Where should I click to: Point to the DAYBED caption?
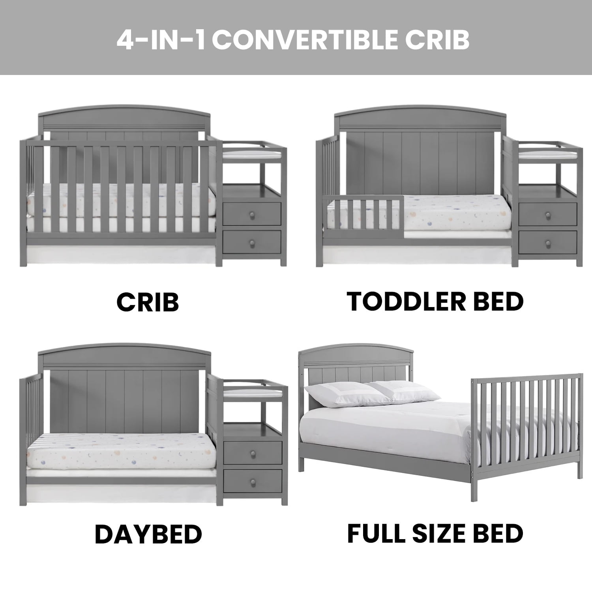click(x=148, y=534)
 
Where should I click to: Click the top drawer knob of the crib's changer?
click(x=251, y=214)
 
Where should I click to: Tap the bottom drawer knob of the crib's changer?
click(x=251, y=243)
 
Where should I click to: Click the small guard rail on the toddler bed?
click(x=363, y=213)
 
